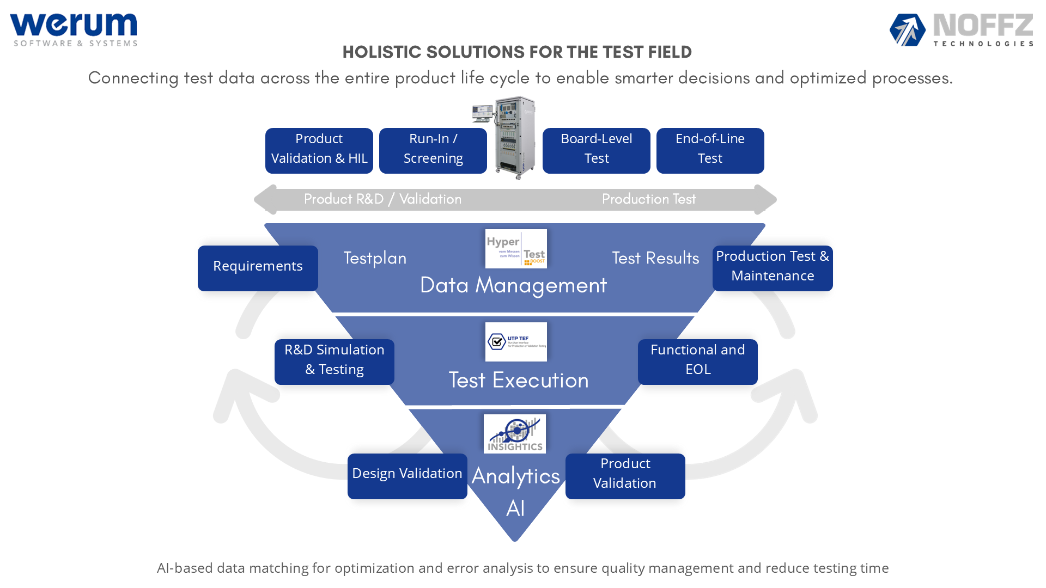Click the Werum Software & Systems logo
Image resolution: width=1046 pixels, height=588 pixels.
74,30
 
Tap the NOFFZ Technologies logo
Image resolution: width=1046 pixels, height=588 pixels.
962,30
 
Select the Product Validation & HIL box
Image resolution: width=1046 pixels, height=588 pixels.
319,151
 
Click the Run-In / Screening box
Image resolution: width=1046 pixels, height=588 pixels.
433,151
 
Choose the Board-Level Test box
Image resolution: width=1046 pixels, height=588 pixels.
597,151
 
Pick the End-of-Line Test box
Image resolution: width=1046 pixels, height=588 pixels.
710,151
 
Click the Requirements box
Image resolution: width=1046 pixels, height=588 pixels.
258,268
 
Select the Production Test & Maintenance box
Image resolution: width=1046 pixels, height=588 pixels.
773,268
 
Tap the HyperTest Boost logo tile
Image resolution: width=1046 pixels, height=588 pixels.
516,249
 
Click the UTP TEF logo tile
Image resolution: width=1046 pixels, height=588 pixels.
516,342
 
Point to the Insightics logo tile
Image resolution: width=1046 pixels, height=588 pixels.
515,434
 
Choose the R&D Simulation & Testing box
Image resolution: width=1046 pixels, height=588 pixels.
335,362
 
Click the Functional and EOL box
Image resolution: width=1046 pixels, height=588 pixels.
698,362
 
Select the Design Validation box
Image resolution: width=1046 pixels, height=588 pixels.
408,476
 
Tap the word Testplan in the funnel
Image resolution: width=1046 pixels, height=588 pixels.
375,258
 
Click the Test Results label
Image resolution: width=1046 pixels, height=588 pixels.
655,258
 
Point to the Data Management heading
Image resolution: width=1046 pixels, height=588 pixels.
513,285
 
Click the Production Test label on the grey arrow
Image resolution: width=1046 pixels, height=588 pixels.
649,199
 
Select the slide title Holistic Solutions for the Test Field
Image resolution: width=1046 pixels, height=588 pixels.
517,52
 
